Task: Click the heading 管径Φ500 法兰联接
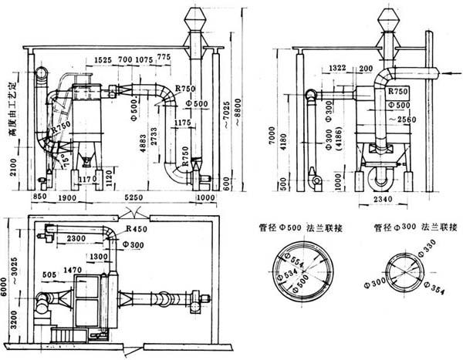(296, 227)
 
